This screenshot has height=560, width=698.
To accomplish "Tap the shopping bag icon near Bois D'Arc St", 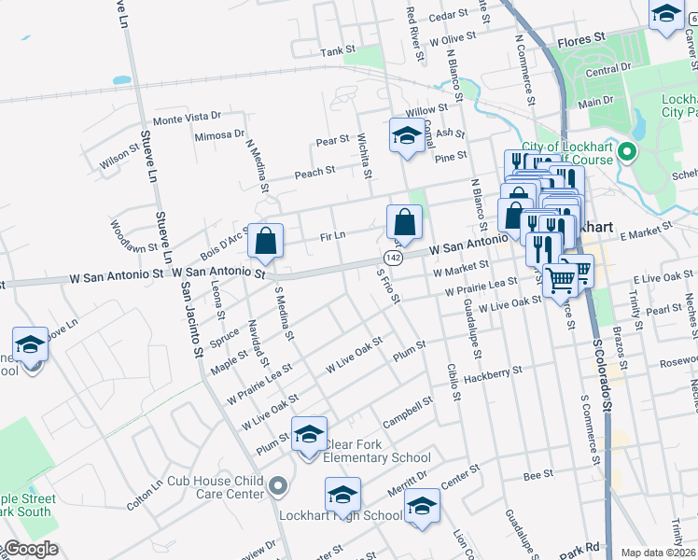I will [x=266, y=241].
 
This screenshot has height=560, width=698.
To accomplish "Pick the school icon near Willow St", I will [x=406, y=136].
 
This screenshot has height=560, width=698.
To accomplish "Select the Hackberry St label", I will [x=493, y=373].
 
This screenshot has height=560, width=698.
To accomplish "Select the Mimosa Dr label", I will [x=219, y=135].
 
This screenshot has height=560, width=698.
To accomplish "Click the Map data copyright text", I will [x=657, y=553].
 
